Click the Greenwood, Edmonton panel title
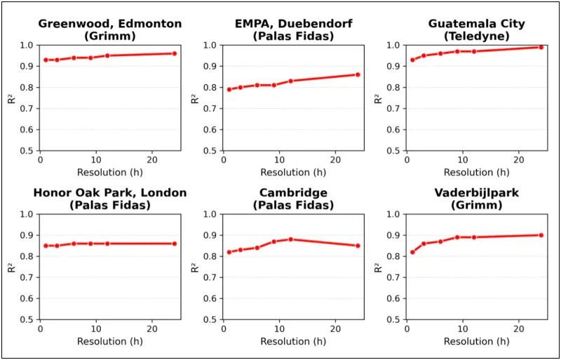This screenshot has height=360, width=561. point(110,29)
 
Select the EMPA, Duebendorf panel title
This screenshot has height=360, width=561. point(293,29)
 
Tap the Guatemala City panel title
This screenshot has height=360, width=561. point(476,29)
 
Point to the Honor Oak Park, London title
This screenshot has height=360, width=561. point(110,199)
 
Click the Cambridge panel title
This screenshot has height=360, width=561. point(293,199)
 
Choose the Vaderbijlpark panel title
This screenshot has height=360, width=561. point(476,199)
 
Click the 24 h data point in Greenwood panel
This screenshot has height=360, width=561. point(175,53)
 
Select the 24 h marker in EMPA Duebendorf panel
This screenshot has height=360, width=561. point(358,74)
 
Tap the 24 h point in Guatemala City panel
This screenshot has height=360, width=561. point(541,47)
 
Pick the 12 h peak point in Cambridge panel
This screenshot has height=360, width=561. point(290,239)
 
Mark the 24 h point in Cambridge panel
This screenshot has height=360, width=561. point(358,246)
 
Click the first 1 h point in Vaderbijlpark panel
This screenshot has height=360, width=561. point(412,252)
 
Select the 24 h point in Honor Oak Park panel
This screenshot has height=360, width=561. point(175,244)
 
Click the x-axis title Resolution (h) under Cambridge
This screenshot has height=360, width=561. point(293,342)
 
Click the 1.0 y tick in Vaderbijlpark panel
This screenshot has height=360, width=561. point(393,215)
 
